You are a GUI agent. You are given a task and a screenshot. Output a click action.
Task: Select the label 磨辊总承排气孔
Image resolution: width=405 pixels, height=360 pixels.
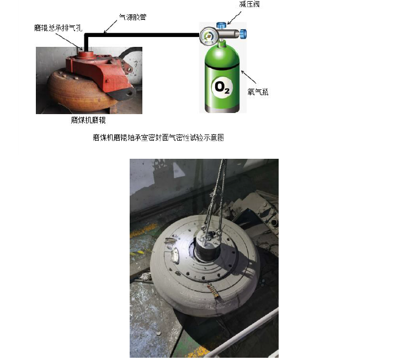coord(57,27)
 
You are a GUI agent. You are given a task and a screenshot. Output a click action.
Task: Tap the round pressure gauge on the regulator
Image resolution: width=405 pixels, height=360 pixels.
coord(208,37)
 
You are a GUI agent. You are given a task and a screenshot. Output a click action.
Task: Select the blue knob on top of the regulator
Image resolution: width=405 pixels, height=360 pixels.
coord(221,25)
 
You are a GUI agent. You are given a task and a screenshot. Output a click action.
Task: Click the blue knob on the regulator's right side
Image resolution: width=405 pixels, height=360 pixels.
coord(242,34)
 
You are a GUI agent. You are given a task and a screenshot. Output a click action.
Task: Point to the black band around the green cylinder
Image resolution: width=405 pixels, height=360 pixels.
coord(221,67)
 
